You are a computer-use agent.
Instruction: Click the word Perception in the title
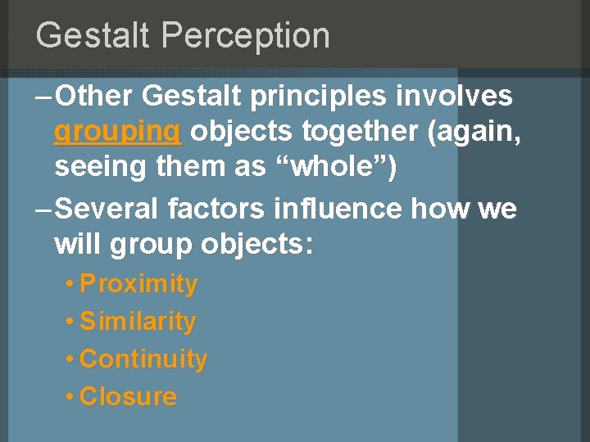246,36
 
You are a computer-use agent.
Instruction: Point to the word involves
455,97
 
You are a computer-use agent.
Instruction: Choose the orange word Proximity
138,284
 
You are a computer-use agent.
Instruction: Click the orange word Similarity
138,322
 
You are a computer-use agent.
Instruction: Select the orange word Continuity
143,359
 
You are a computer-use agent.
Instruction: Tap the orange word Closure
128,397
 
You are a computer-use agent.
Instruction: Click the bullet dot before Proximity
71,285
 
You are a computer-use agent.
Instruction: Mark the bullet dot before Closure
71,398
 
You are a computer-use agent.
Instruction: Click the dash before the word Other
46,97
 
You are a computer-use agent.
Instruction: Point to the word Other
94,97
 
